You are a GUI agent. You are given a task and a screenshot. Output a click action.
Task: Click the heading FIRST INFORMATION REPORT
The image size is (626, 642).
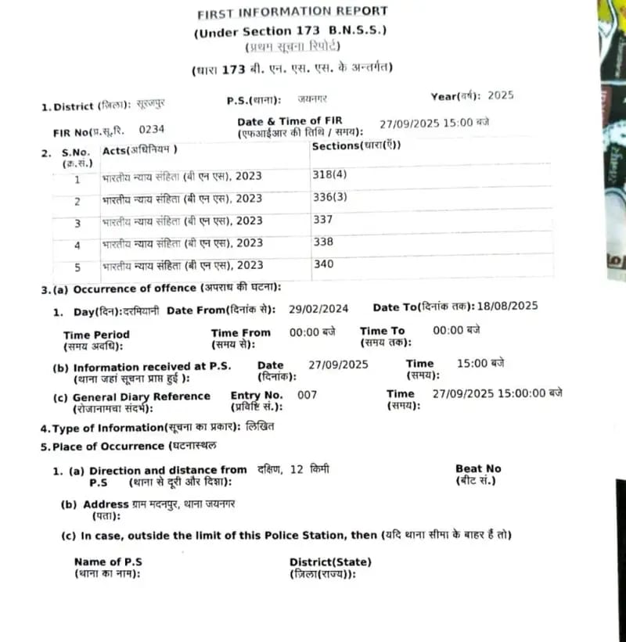(292, 12)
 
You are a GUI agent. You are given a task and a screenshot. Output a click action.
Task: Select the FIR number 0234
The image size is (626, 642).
(151, 129)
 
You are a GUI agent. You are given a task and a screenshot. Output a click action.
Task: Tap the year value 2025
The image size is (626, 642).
(500, 95)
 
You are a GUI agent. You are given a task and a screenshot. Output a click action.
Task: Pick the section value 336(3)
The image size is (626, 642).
(329, 197)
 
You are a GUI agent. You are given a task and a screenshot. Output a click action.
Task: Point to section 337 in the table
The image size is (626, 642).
(322, 220)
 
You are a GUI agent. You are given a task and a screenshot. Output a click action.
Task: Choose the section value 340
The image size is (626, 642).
(322, 264)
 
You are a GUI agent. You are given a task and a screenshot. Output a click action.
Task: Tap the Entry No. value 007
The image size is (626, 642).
(308, 395)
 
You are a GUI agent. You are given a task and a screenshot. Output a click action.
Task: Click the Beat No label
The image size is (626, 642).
(478, 468)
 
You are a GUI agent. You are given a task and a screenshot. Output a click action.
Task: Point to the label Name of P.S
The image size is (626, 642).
(108, 561)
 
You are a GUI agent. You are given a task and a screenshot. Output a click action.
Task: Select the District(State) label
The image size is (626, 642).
(330, 561)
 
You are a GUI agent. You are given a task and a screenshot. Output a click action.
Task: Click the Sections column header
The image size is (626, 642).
(356, 145)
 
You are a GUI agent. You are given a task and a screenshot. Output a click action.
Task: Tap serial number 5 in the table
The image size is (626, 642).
(77, 267)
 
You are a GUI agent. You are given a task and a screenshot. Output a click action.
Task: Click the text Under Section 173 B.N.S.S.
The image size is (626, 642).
(291, 31)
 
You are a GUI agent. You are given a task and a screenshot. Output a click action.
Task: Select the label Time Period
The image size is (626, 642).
(96, 335)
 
